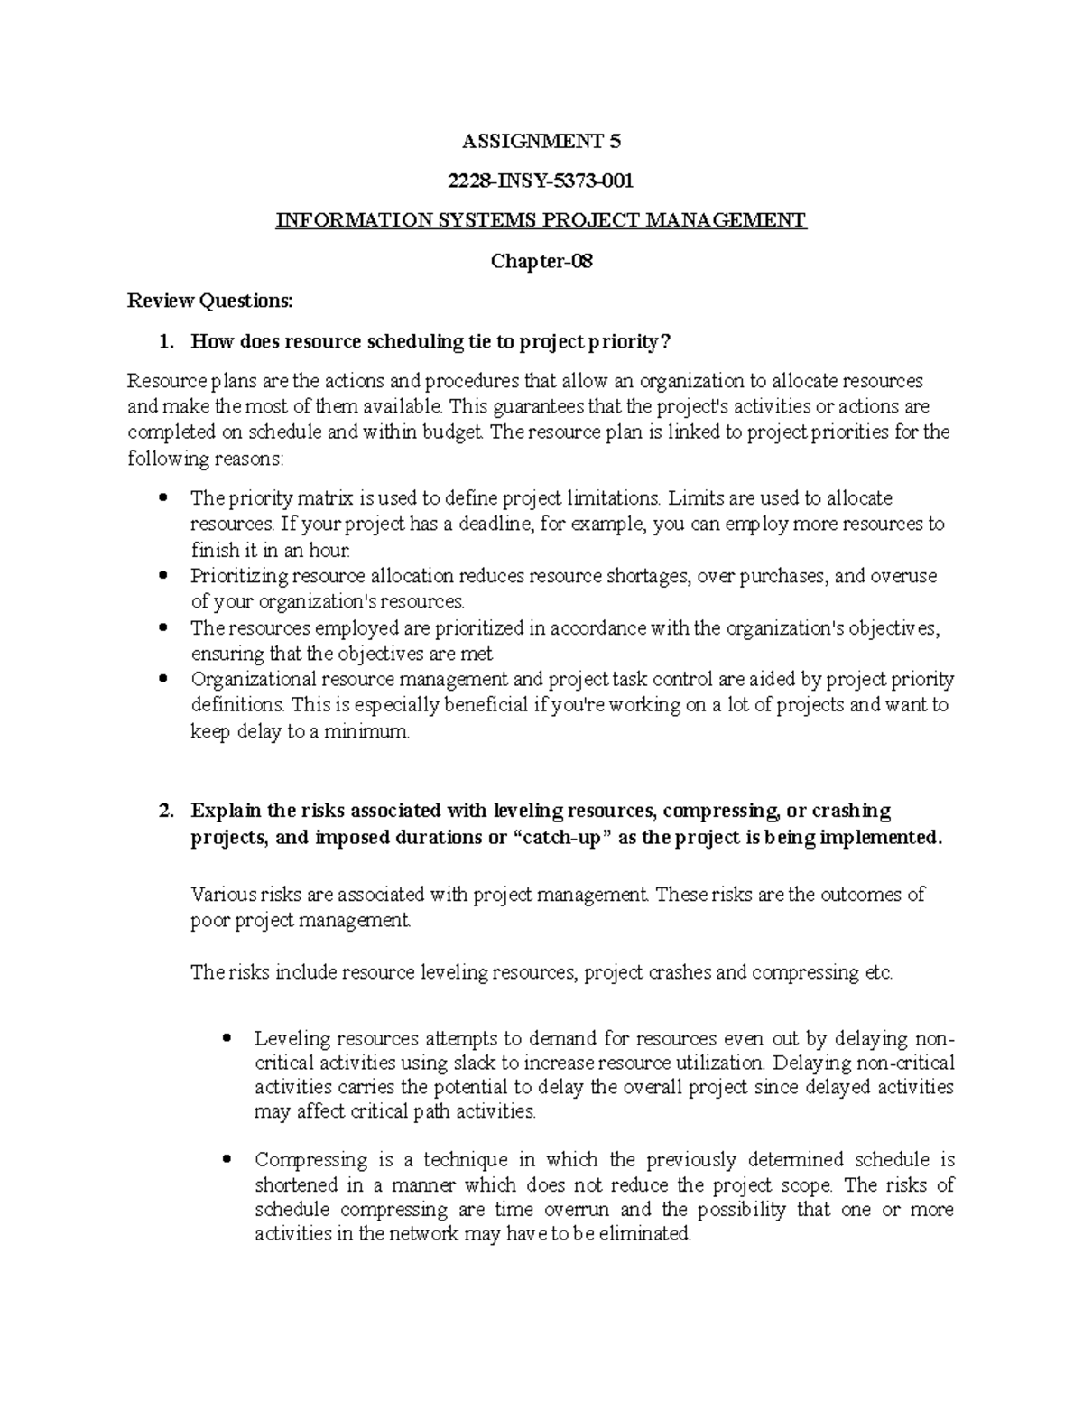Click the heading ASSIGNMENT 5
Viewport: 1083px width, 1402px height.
[x=541, y=141]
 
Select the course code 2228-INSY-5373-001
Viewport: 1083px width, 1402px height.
[x=541, y=181]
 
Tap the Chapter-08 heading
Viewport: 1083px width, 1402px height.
[x=541, y=262]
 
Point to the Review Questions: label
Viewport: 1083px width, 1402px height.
[x=210, y=302]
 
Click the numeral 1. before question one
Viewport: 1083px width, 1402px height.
[x=164, y=342]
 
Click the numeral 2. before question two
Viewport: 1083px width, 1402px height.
[x=164, y=811]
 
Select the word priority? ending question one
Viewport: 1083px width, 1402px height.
[x=631, y=342]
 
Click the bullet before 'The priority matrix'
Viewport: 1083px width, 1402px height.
[x=163, y=498]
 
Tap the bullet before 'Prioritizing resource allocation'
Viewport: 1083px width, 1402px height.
[x=163, y=576]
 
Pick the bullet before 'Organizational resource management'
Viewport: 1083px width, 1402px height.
[x=163, y=679]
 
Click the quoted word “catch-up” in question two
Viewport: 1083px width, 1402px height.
[x=562, y=837]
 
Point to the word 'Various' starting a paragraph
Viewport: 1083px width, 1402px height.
[x=223, y=895]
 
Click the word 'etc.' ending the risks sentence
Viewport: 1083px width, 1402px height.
[x=877, y=973]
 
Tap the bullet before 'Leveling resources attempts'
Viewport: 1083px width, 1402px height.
[x=227, y=1038]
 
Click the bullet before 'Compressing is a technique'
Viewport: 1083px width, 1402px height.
[x=227, y=1160]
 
